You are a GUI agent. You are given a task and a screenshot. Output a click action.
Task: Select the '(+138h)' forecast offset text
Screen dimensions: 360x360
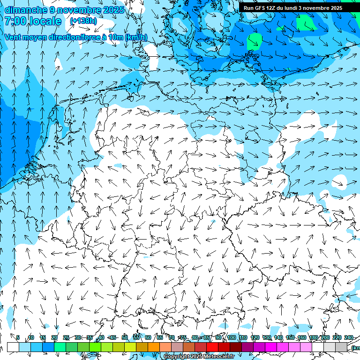pos(83,21)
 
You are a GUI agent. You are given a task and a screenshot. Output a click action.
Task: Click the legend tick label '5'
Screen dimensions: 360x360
pos(18,337)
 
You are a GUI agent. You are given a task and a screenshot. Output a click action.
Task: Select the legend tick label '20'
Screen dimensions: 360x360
pos(54,337)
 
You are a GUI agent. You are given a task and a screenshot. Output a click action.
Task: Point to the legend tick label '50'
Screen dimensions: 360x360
pos(125,337)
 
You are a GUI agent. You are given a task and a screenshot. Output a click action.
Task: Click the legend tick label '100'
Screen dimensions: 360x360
pos(232,337)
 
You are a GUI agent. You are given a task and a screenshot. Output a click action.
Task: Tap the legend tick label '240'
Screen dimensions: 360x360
pos(349,337)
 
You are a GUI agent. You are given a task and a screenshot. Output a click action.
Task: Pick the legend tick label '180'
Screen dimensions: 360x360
pos(314,337)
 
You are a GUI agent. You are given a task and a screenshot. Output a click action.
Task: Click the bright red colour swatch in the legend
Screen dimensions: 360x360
pos(212,347)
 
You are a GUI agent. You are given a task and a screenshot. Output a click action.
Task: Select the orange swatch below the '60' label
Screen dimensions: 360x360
pos(154,347)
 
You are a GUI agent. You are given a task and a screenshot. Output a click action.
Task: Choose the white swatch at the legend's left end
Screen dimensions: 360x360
pos(13,347)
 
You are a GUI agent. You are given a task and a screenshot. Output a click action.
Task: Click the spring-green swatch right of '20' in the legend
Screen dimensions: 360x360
pos(60,347)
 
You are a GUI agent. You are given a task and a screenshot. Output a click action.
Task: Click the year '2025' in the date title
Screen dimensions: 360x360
pos(113,10)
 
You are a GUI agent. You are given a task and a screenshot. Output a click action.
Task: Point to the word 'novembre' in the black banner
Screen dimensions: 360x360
pos(314,8)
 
